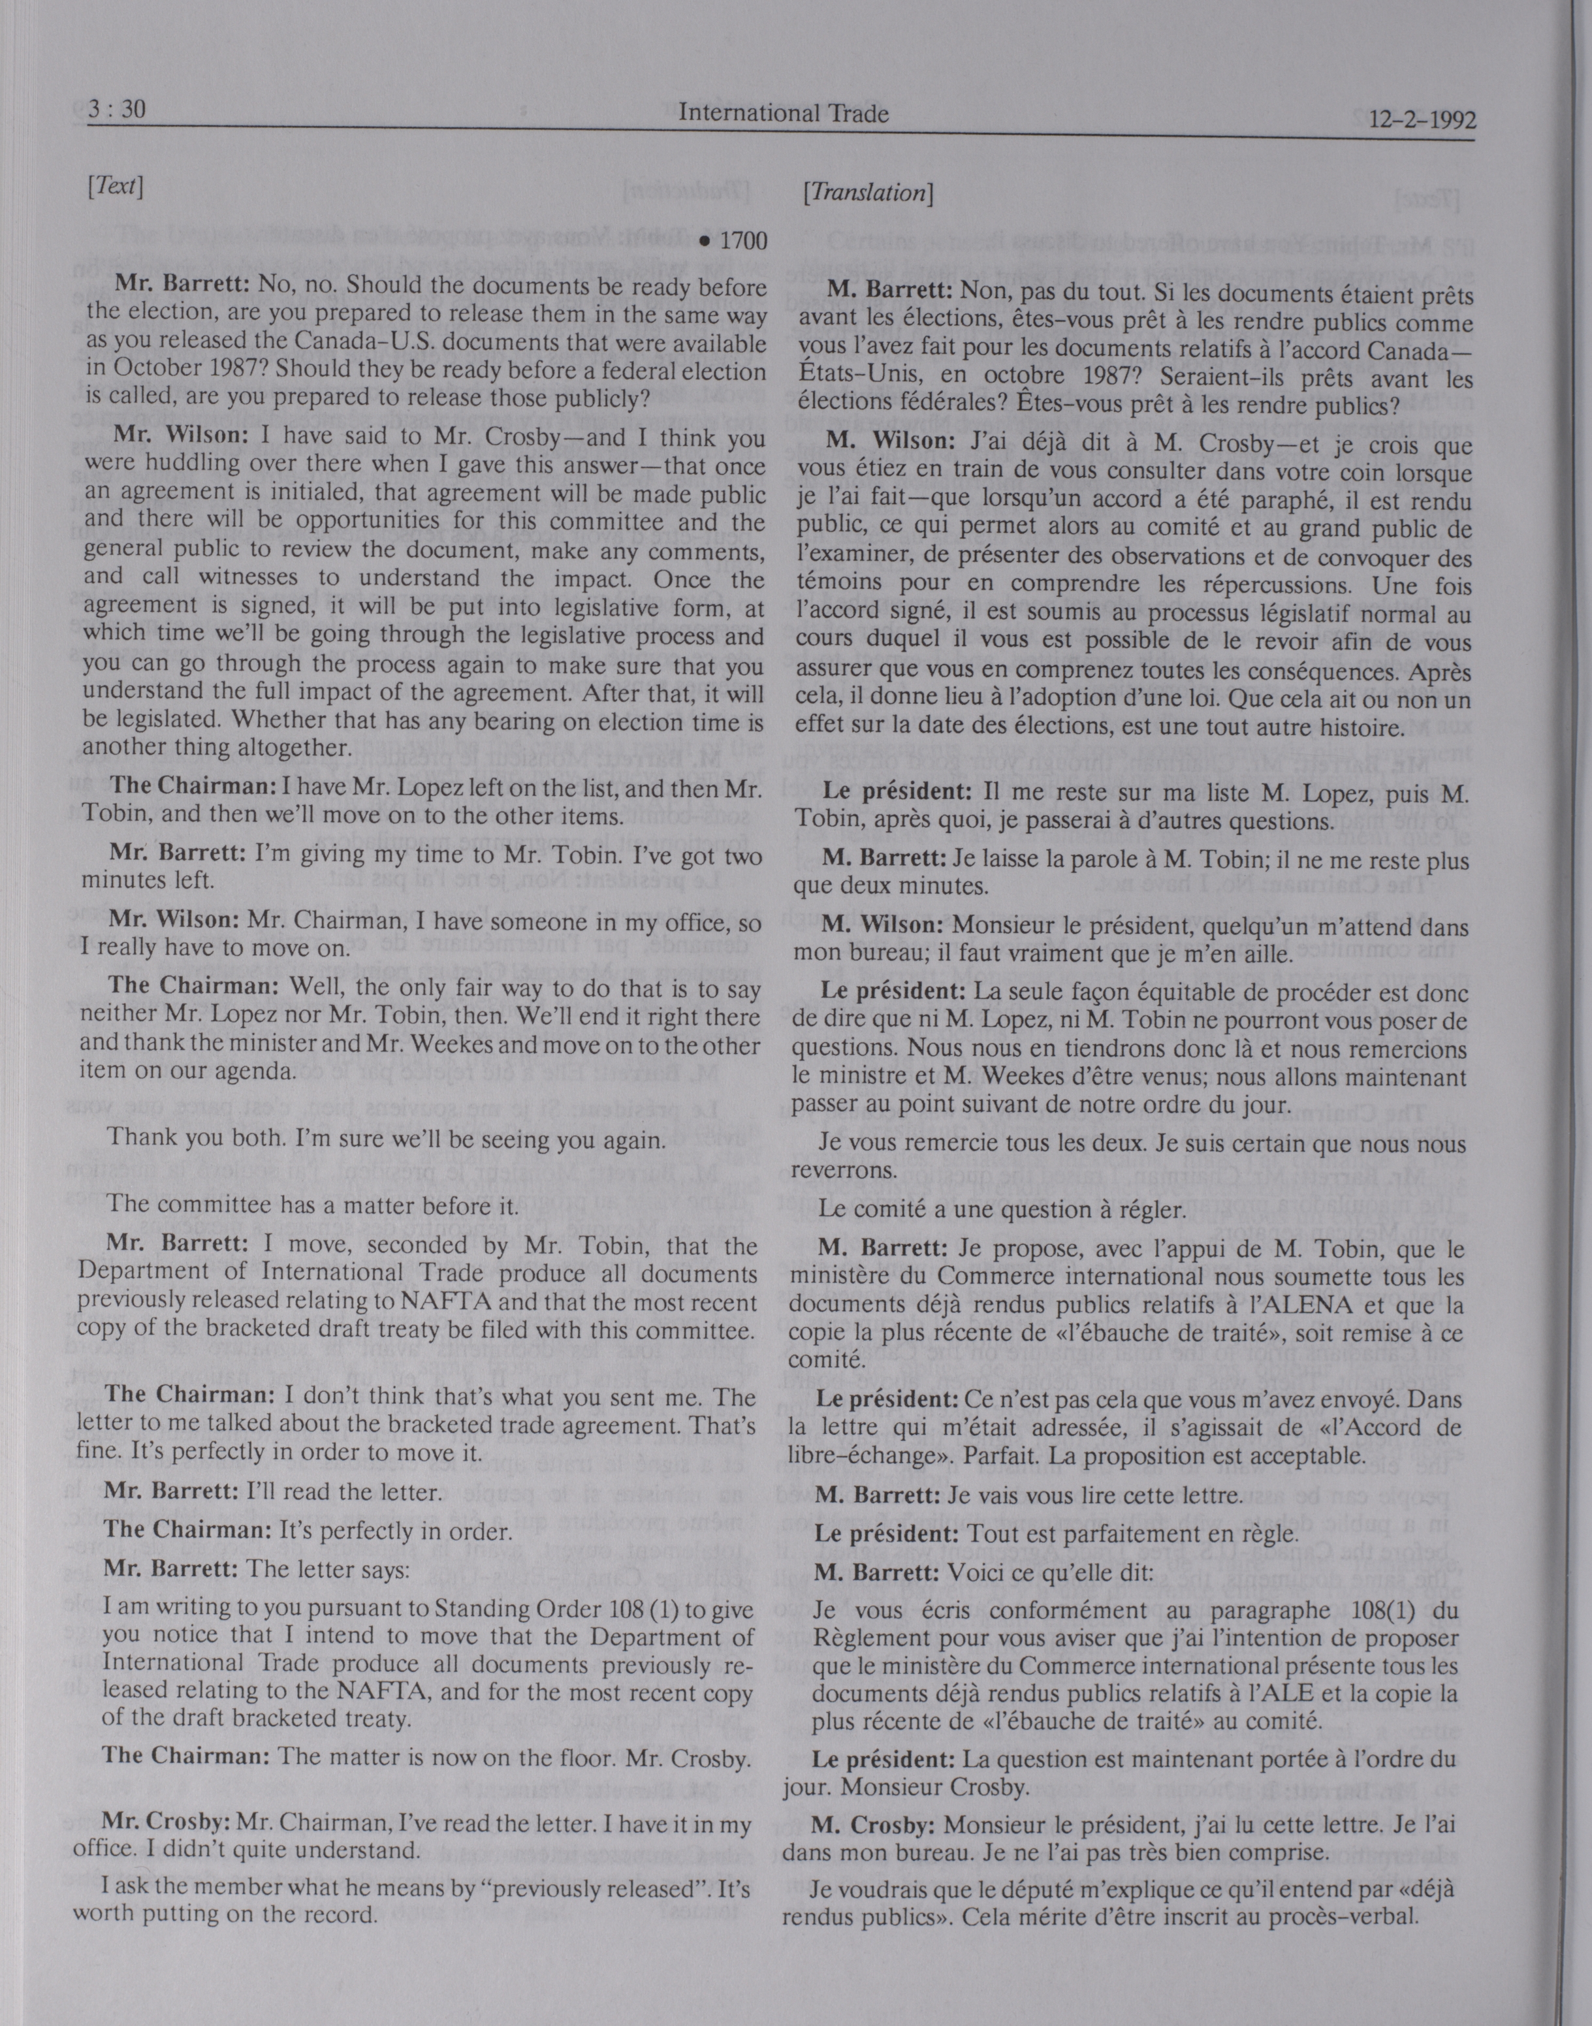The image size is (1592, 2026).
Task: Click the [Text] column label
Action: point(115,187)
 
